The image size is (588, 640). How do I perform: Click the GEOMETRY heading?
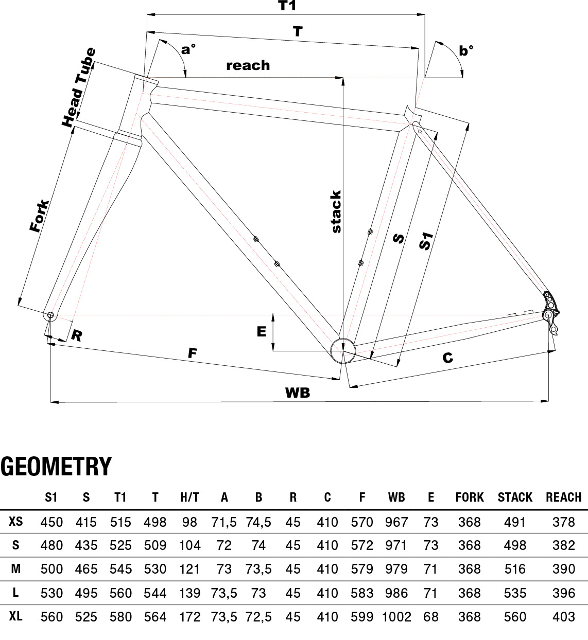tap(56, 466)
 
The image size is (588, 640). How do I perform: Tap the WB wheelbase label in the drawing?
tap(298, 393)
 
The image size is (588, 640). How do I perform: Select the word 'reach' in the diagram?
tap(248, 65)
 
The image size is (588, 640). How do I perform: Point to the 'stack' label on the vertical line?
tap(336, 211)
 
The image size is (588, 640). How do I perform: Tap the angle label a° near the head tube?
tap(188, 50)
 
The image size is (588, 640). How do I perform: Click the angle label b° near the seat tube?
tap(466, 50)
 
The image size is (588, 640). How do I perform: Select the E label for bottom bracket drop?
tap(262, 332)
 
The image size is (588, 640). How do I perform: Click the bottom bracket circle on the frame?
tap(343, 351)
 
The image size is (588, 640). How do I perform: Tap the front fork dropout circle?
tap(50, 315)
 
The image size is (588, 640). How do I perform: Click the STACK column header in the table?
tap(515, 497)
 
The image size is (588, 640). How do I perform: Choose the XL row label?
tap(16, 616)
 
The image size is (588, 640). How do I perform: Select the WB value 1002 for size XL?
tap(396, 616)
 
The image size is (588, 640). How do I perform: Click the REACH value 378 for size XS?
tap(563, 522)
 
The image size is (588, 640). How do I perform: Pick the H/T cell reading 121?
tap(189, 569)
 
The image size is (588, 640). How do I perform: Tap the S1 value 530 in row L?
tap(51, 593)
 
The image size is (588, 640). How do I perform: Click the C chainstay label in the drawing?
tap(447, 357)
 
